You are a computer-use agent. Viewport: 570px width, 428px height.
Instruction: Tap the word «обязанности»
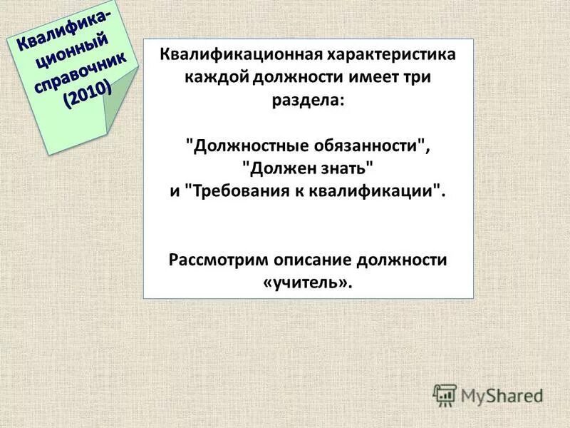[x=370, y=146]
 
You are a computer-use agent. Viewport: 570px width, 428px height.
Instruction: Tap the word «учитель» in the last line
[x=307, y=282]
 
